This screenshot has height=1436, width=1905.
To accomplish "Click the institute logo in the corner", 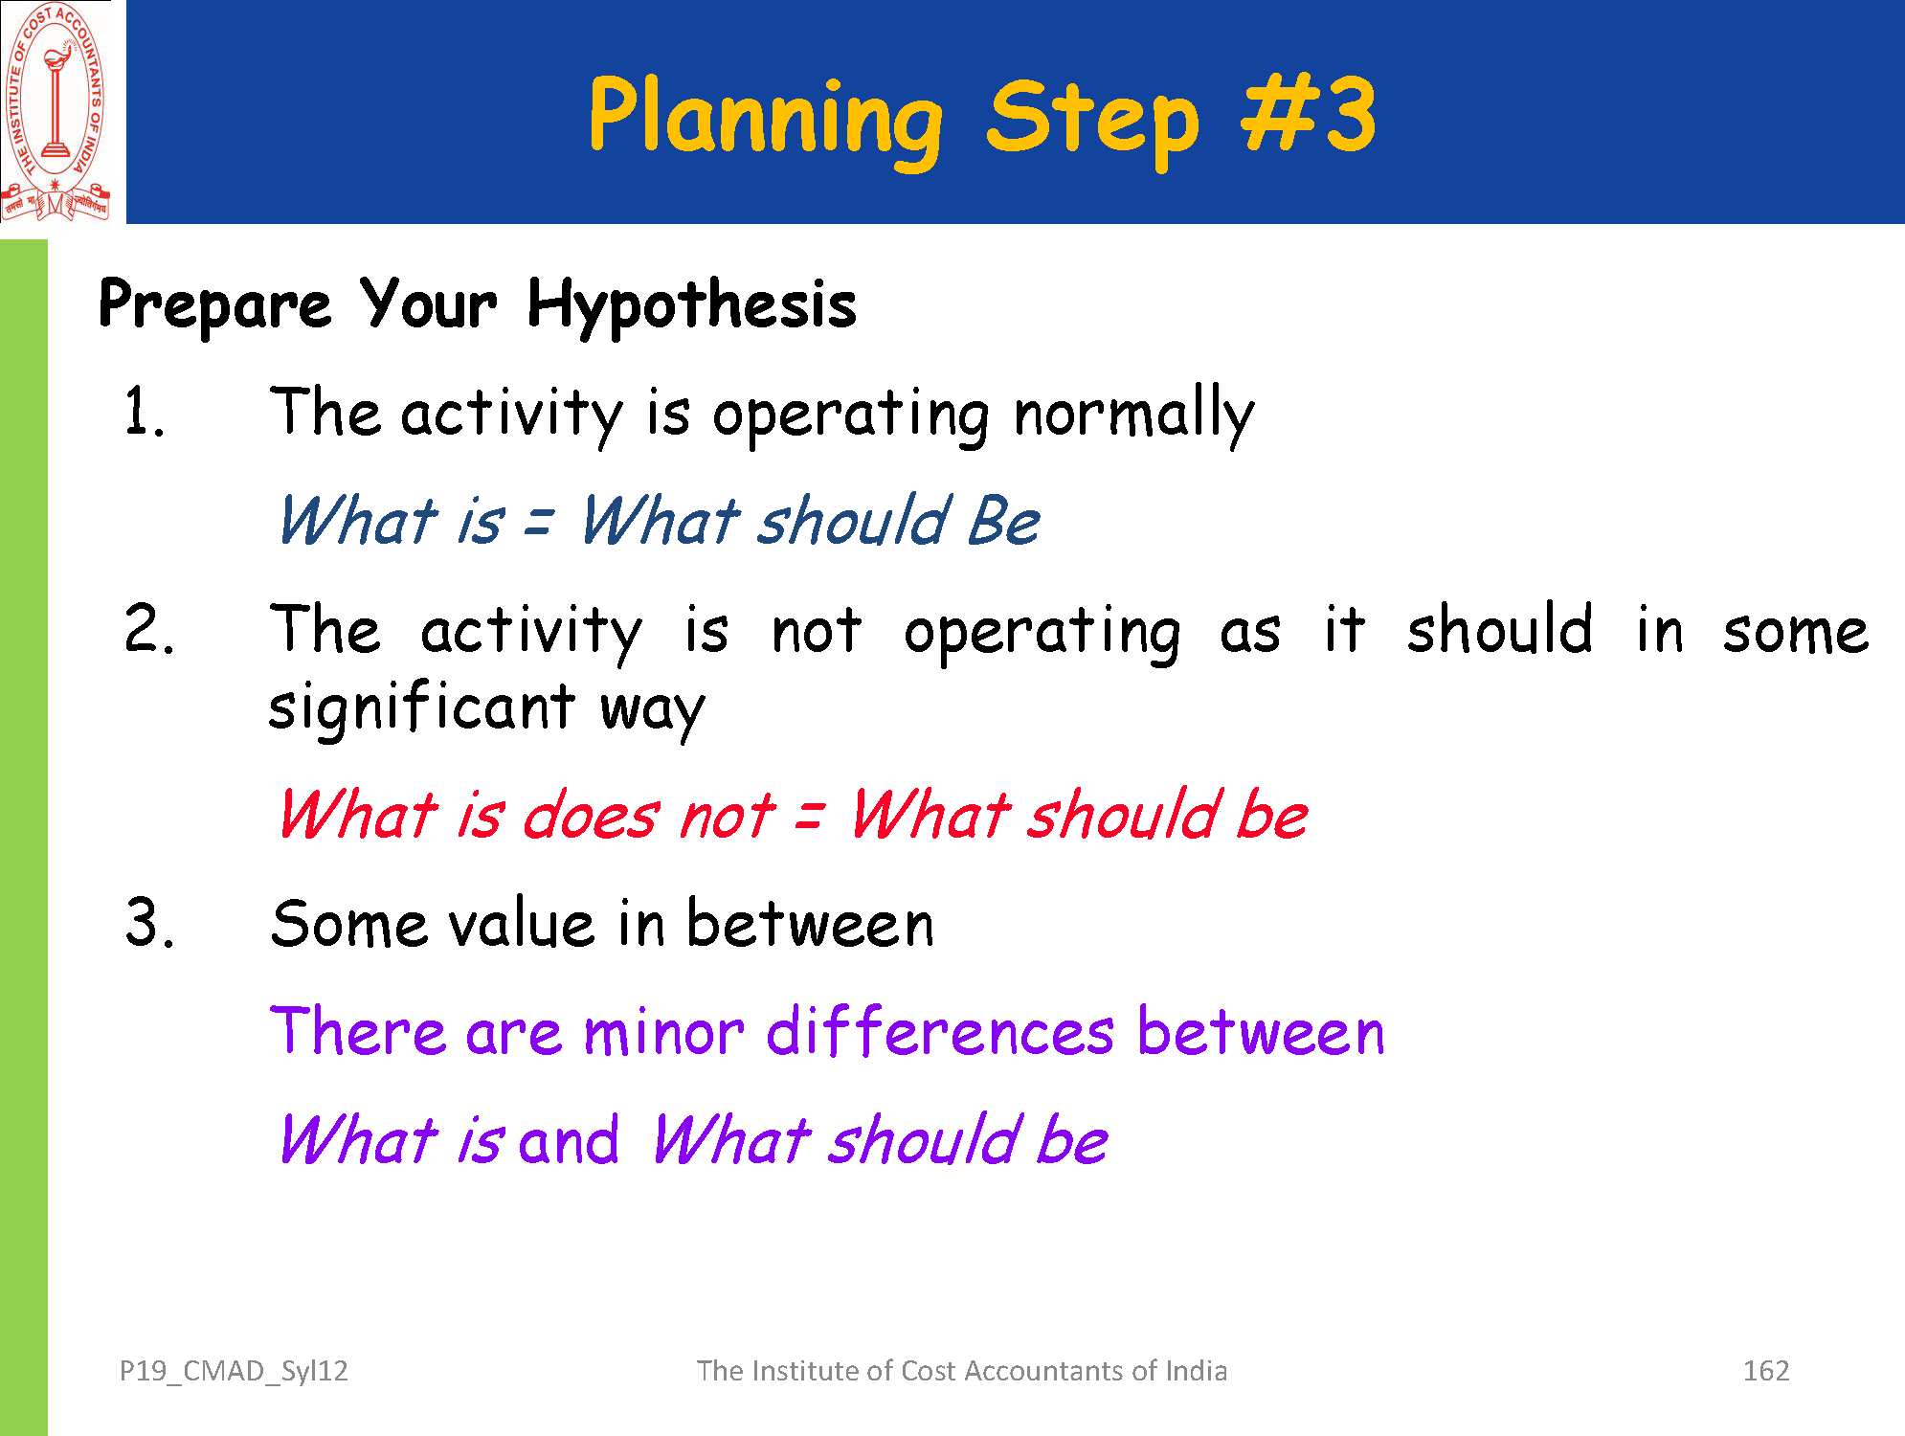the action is click(56, 112).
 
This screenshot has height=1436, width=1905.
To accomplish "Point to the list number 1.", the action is click(144, 413).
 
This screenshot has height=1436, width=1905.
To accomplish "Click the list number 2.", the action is click(149, 629).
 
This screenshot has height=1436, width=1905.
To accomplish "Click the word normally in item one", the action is click(1133, 415).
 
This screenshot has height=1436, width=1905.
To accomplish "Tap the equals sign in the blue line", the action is click(539, 523).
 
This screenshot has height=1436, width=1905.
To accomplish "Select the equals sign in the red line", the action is click(809, 817).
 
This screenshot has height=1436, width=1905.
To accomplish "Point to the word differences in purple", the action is click(940, 1032).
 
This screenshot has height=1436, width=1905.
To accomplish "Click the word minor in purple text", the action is click(663, 1033).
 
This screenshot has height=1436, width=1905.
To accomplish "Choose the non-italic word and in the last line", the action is click(569, 1141).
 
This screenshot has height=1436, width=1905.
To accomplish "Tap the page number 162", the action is click(1766, 1371).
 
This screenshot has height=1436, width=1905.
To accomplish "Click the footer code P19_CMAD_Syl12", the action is click(234, 1372).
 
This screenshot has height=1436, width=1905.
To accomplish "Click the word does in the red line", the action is click(591, 817).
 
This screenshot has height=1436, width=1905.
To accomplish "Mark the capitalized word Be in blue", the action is click(1003, 523).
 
